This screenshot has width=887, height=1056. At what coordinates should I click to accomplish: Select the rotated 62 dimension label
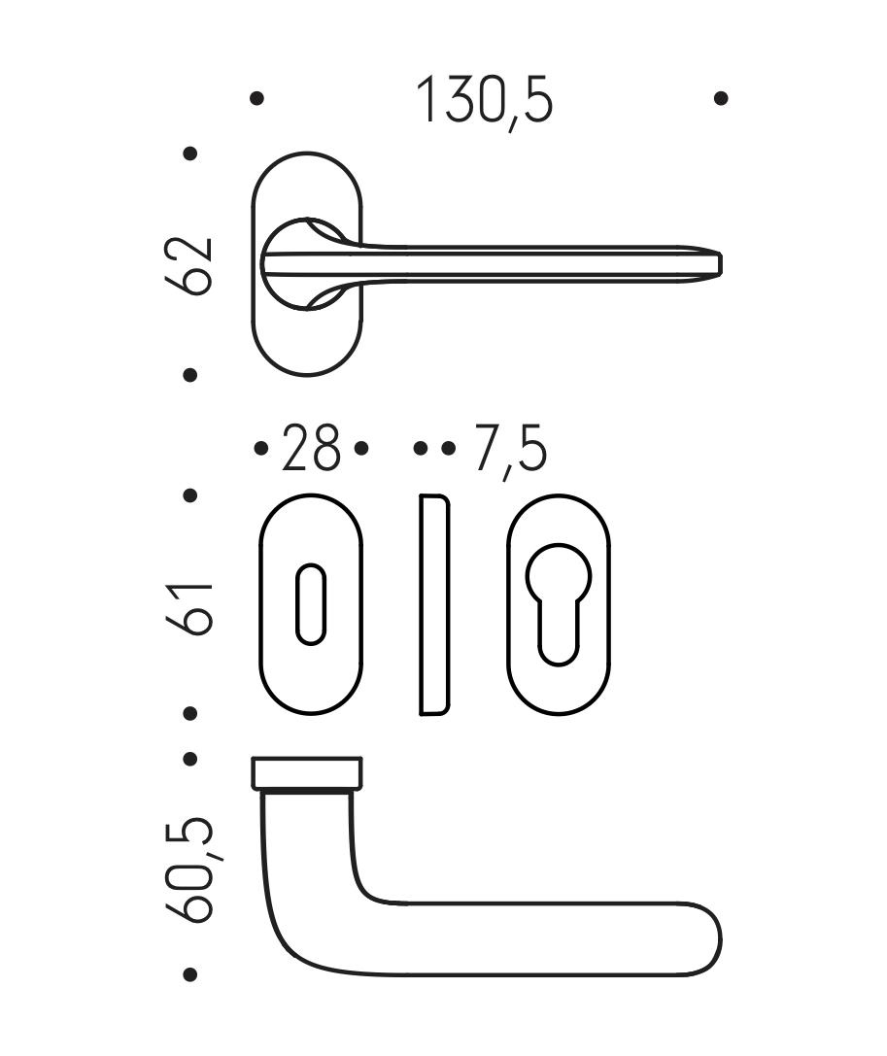tap(188, 265)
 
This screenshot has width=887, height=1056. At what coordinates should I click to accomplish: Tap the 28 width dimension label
tap(311, 447)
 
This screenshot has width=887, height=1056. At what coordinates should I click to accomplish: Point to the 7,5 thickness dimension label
tap(509, 449)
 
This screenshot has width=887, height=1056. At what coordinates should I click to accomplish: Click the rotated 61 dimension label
tap(189, 608)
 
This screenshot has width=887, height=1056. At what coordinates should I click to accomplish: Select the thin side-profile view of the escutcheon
tap(434, 605)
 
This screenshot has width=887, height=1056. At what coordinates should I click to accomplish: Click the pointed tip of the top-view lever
tap(722, 264)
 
